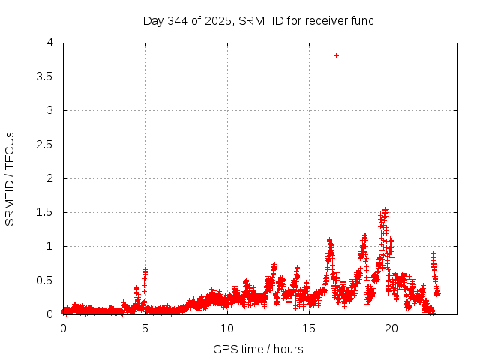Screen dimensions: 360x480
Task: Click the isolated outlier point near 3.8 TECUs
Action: [x=336, y=55]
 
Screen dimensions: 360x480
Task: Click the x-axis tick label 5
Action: [x=145, y=328]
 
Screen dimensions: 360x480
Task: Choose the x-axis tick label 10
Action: [x=226, y=328]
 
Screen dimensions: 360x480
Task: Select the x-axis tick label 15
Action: [x=308, y=328]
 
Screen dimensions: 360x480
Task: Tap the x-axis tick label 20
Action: [x=390, y=328]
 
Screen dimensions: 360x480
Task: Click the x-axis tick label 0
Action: [x=63, y=328]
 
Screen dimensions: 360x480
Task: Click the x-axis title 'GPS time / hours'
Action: [x=258, y=349]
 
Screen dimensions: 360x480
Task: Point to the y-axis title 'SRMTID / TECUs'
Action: [x=10, y=178]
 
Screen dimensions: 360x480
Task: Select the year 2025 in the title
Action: [x=217, y=20]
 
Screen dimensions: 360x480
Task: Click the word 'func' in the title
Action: [x=361, y=20]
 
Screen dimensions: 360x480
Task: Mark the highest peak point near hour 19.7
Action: [x=385, y=210]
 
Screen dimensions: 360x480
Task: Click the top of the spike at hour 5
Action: [x=145, y=269]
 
